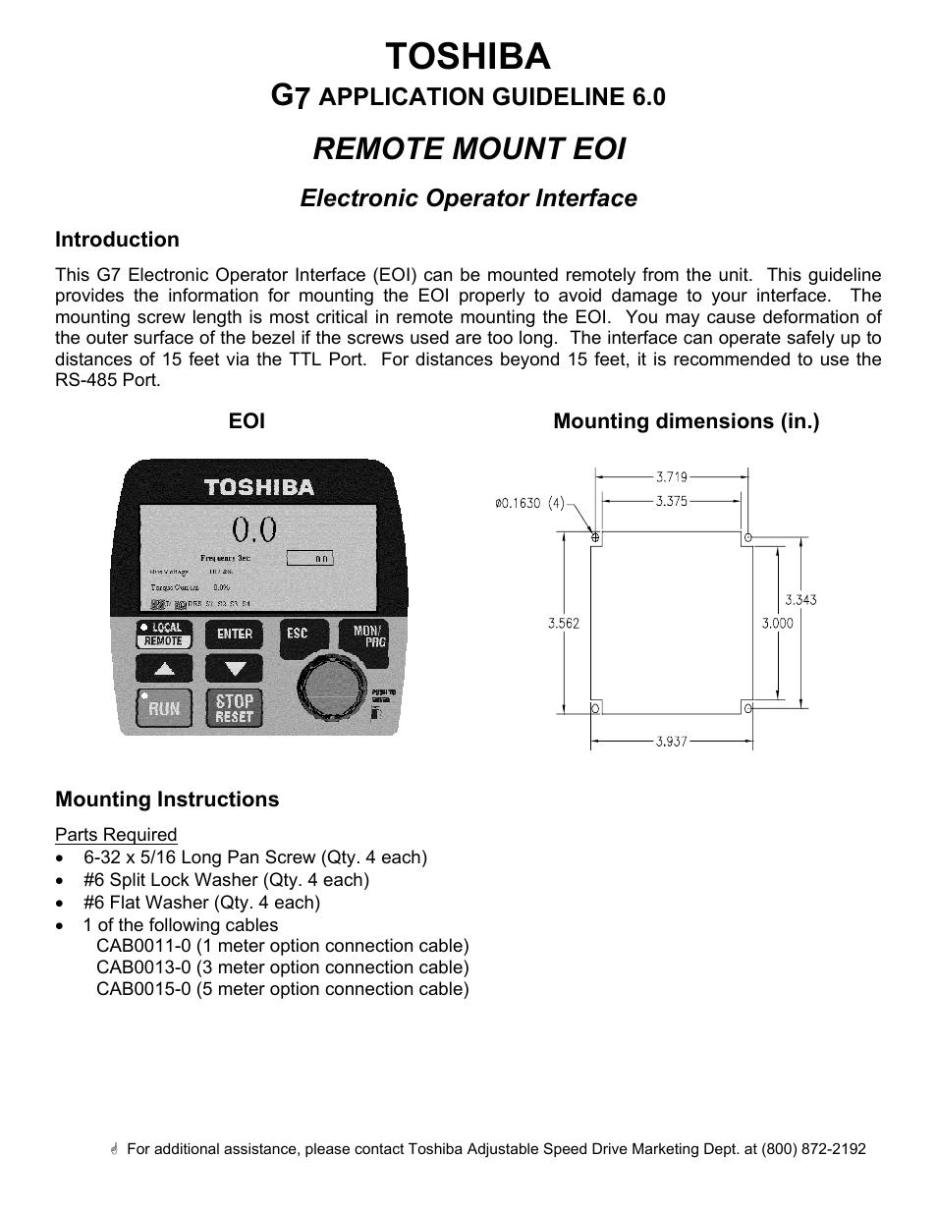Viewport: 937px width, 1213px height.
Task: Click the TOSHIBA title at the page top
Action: point(468,57)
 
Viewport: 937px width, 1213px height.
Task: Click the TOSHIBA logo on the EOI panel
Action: point(258,486)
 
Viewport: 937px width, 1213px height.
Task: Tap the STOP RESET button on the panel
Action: point(234,708)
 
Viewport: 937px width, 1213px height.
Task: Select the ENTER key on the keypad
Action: point(235,634)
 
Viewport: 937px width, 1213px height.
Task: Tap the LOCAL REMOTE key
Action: point(164,634)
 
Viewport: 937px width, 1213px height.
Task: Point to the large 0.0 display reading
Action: point(253,531)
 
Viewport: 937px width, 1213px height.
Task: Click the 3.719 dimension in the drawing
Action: point(671,477)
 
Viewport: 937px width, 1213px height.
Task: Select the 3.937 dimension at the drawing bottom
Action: point(672,742)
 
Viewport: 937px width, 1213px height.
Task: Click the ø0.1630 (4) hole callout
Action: point(529,503)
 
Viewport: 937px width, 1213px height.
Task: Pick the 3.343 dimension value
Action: point(800,599)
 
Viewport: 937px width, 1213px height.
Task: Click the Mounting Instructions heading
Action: point(167,799)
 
